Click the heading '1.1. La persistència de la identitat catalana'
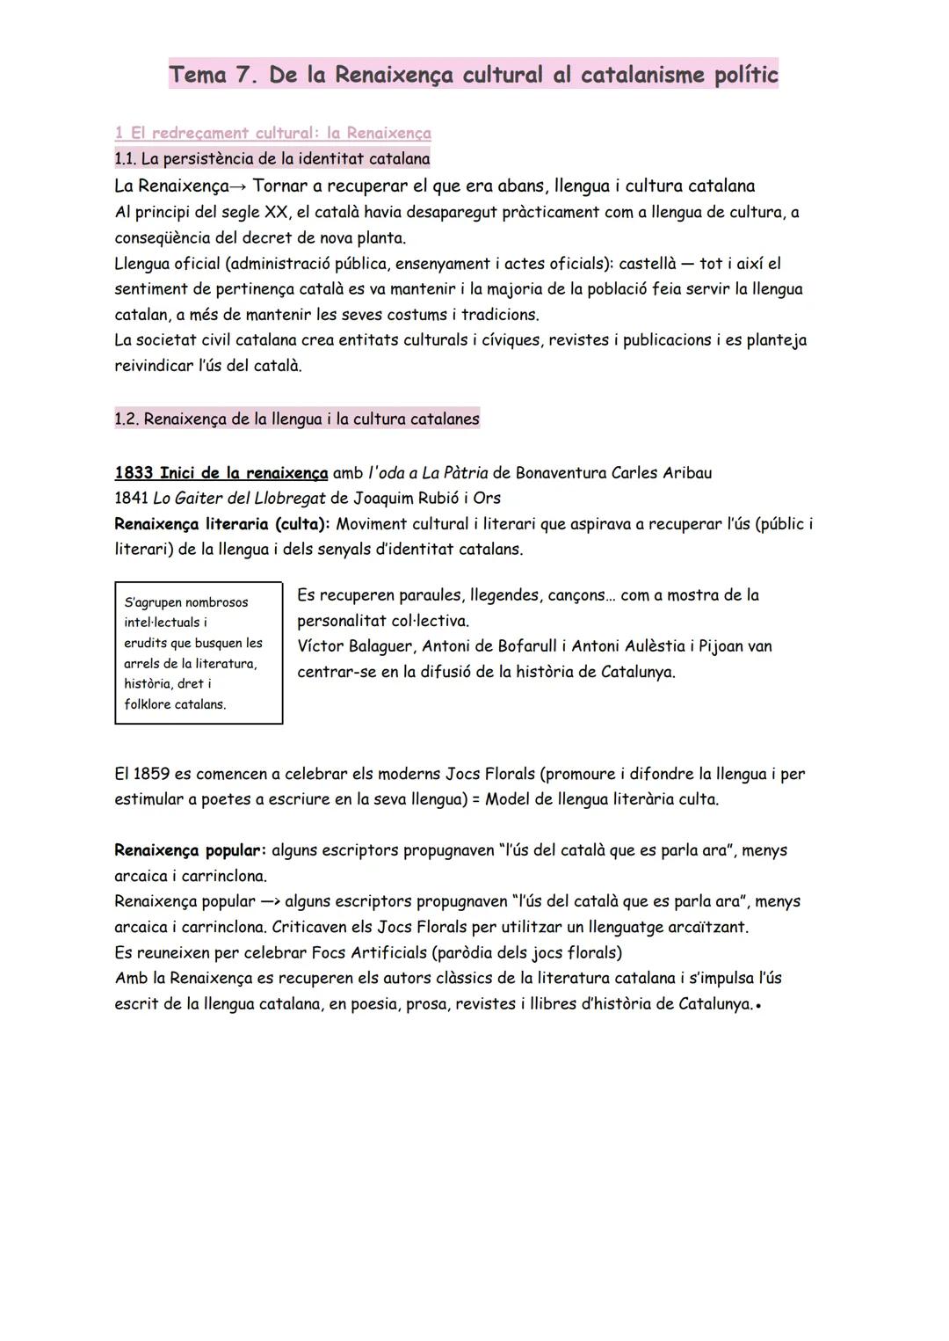click(x=272, y=159)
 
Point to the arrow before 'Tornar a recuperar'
click(x=240, y=186)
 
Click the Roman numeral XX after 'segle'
click(x=277, y=212)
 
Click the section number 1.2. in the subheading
click(x=127, y=419)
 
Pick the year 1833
click(x=134, y=473)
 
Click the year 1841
click(x=132, y=499)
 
